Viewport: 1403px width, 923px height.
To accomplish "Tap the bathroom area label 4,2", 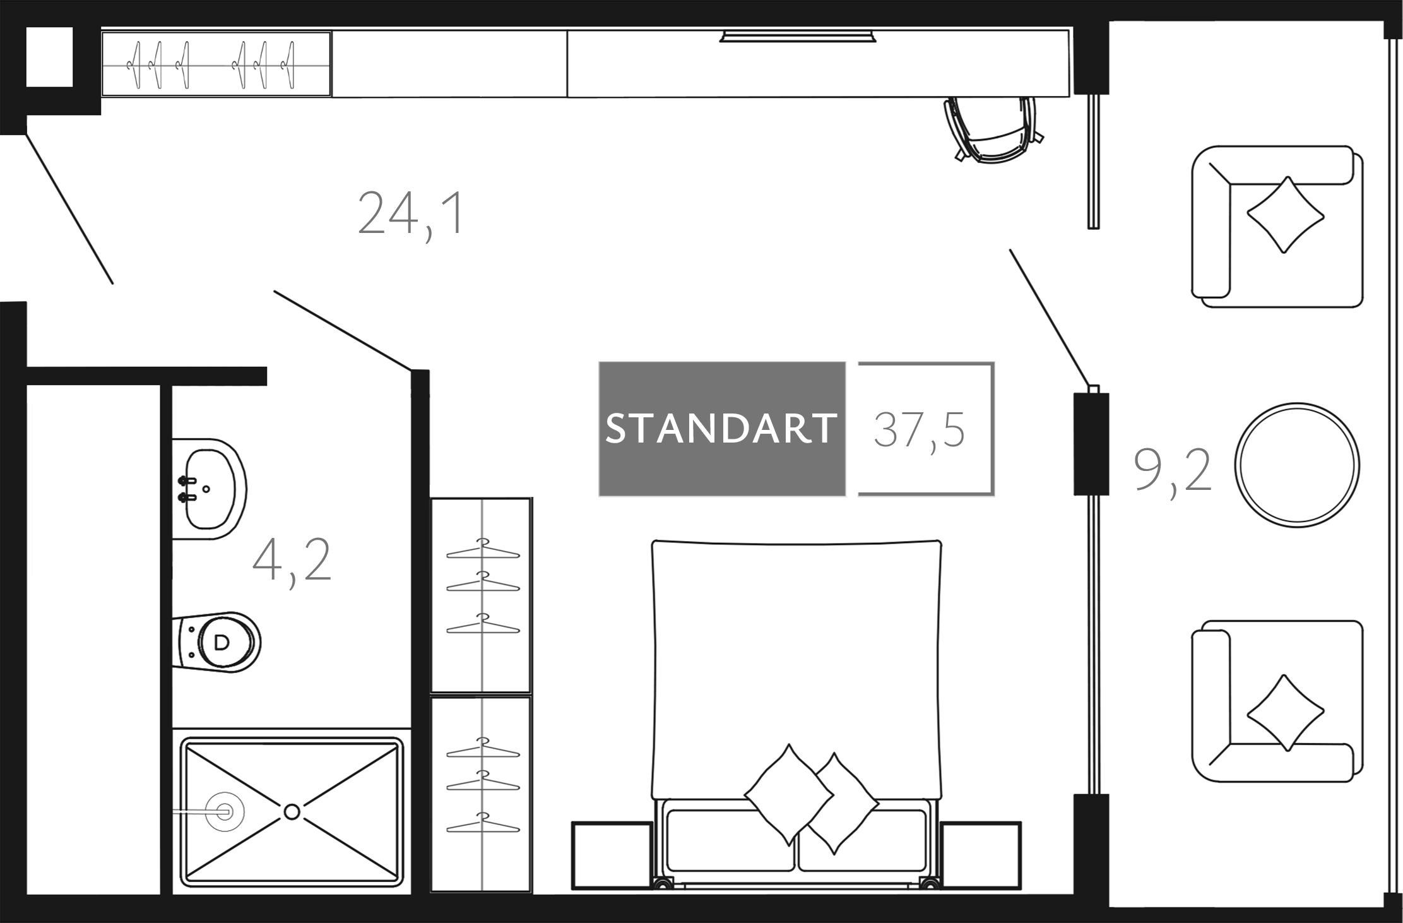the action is click(x=292, y=561).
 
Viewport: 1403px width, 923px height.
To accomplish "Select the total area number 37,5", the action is click(x=919, y=429).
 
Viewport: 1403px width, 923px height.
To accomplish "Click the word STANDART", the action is click(x=721, y=429).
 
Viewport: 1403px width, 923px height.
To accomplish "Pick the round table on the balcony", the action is click(x=1297, y=465).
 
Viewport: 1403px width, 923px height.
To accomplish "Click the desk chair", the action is click(x=992, y=129).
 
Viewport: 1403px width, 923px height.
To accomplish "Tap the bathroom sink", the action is click(x=209, y=489).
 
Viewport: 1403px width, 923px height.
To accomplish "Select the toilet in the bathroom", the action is click(x=216, y=642).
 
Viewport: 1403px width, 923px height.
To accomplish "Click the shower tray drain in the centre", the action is click(x=292, y=812).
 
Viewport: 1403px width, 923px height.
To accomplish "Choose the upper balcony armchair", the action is click(x=1277, y=227).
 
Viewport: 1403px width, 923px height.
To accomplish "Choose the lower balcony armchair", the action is click(x=1277, y=701).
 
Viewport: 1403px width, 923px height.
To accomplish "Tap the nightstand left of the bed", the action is click(x=612, y=855).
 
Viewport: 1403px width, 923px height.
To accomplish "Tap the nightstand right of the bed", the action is click(x=981, y=855).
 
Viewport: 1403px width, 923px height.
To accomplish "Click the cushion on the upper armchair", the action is click(x=1284, y=215).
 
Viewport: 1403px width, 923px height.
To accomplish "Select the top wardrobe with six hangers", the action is click(x=216, y=64).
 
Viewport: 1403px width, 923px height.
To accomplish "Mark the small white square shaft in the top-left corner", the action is click(x=49, y=57).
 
